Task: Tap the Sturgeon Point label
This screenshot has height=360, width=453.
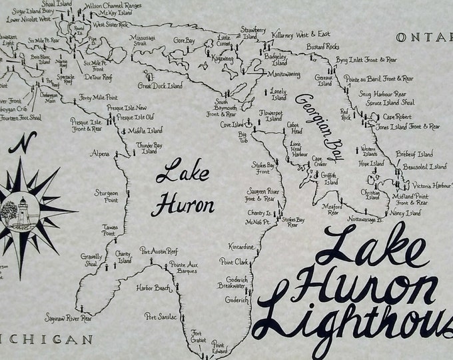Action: (107, 196)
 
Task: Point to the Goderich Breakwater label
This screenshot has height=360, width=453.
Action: (231, 281)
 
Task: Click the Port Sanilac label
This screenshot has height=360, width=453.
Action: (162, 316)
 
